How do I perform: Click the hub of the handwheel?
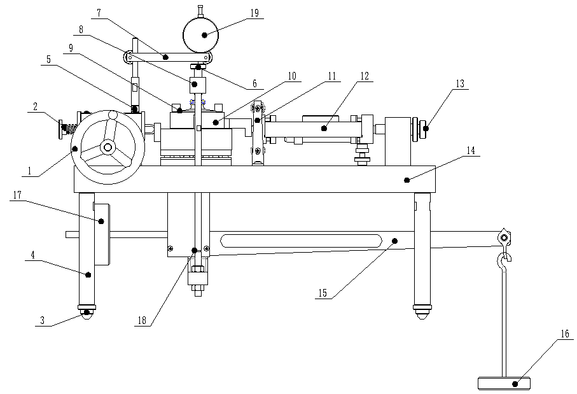tap(107, 148)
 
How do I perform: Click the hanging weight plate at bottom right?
tap(507, 383)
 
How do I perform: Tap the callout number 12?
tap(365, 74)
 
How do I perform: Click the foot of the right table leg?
tap(422, 312)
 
